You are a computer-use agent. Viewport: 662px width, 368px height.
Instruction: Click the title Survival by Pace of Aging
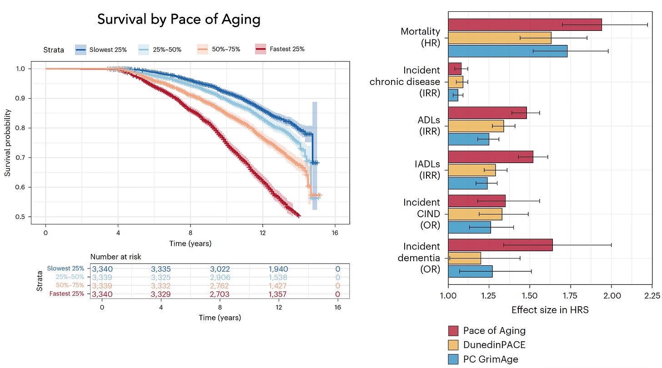click(x=179, y=20)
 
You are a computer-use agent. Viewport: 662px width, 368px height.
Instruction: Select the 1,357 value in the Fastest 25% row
click(x=278, y=294)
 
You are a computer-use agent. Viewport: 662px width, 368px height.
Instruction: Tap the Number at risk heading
click(x=115, y=257)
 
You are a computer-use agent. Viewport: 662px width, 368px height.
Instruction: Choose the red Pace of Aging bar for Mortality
click(x=525, y=25)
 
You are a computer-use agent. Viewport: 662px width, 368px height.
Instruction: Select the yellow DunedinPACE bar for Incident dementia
click(x=464, y=258)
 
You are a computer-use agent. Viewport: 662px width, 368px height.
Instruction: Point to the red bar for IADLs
click(x=490, y=157)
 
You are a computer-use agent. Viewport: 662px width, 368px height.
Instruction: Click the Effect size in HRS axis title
click(x=550, y=310)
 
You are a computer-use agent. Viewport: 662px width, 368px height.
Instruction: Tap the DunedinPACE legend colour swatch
click(x=454, y=345)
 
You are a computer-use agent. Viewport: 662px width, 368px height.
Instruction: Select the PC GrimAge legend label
click(x=491, y=359)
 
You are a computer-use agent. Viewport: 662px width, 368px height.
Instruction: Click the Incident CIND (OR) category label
click(x=421, y=214)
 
